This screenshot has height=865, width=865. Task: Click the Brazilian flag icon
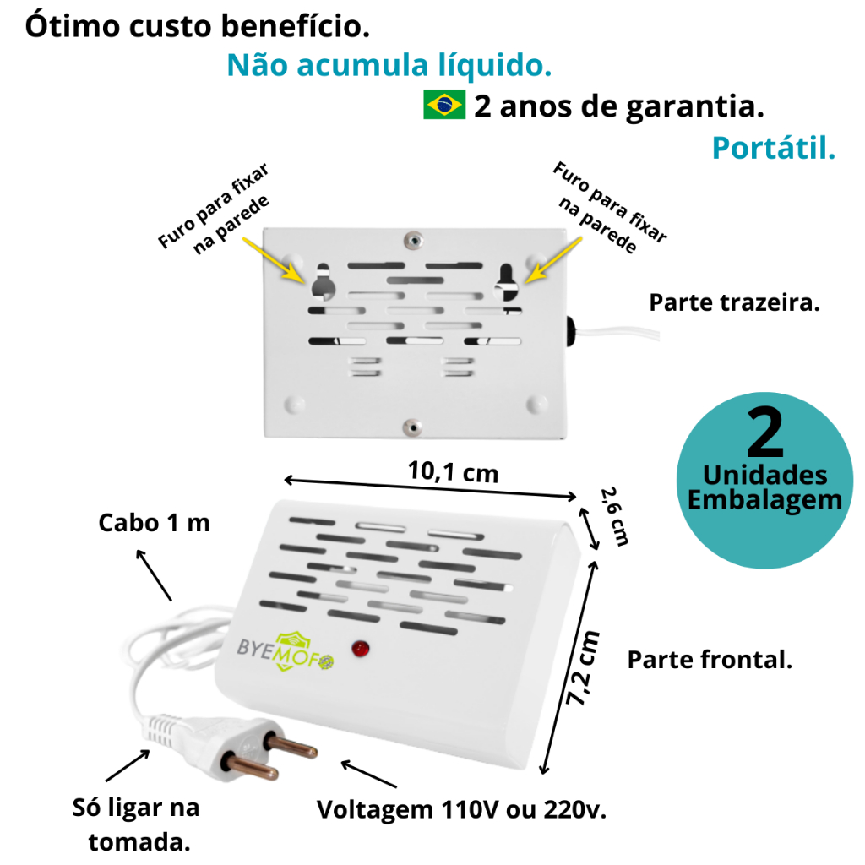[444, 106]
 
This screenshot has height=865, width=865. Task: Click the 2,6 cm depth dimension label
[614, 517]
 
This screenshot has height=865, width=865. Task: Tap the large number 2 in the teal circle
[765, 434]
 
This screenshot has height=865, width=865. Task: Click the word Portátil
[773, 148]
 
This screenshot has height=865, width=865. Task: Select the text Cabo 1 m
[154, 523]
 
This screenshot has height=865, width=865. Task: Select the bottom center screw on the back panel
[411, 427]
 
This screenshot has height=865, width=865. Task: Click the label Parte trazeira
[734, 303]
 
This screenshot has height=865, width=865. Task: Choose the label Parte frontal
[710, 660]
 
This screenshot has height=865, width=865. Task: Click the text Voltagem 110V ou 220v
[462, 810]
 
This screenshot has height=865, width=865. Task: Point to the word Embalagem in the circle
[764, 499]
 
